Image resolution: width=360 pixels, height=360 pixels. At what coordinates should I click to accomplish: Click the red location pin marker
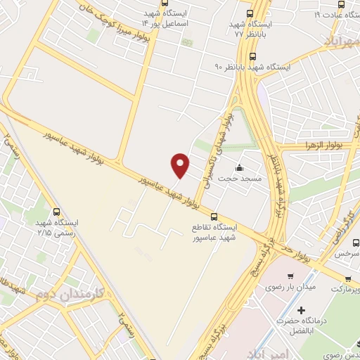pos(181,165)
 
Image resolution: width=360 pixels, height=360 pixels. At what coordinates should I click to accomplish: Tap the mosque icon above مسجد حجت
pos(240,168)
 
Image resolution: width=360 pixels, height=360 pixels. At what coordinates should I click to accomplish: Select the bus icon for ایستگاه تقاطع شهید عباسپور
pos(214,217)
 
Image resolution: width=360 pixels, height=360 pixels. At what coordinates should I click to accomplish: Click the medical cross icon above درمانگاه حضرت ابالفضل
pos(301,310)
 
